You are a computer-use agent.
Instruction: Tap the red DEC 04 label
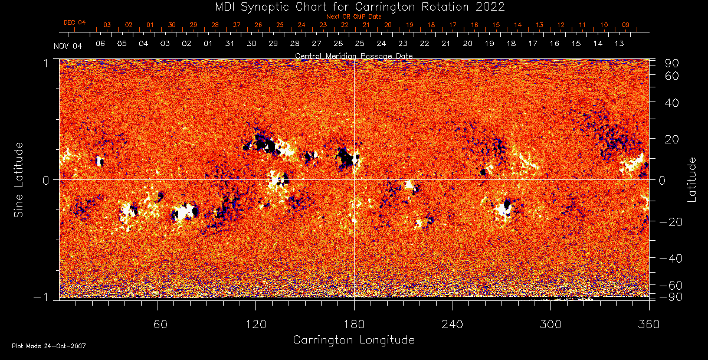(75, 22)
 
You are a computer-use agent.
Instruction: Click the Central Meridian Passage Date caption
(354, 55)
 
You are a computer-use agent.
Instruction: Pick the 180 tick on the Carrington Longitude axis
(354, 324)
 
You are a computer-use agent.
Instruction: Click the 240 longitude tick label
(453, 324)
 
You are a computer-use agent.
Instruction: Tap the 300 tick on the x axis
(550, 324)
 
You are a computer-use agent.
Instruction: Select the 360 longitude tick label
(648, 324)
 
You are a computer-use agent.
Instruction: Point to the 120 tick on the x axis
(256, 324)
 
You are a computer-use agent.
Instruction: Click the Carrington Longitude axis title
(354, 340)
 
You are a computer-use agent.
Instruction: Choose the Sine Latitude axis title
(19, 179)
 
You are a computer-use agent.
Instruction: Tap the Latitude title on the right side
(692, 179)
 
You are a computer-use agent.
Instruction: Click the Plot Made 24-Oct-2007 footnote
(49, 346)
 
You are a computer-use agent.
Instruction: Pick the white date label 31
(230, 44)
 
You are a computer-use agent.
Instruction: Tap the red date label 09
(625, 25)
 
